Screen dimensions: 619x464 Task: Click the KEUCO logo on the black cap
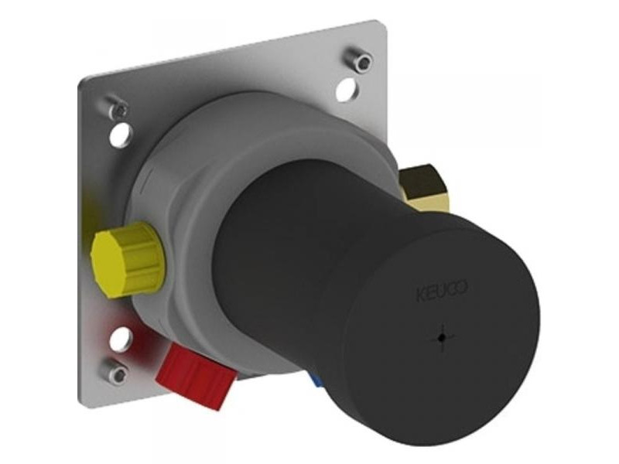pyautogui.click(x=442, y=292)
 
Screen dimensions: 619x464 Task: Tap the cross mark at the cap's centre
pyautogui.click(x=442, y=337)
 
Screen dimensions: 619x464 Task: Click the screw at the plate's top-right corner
pyautogui.click(x=359, y=60)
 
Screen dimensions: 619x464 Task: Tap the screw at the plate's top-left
pyautogui.click(x=118, y=107)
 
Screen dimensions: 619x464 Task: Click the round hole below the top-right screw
pyautogui.click(x=347, y=89)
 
